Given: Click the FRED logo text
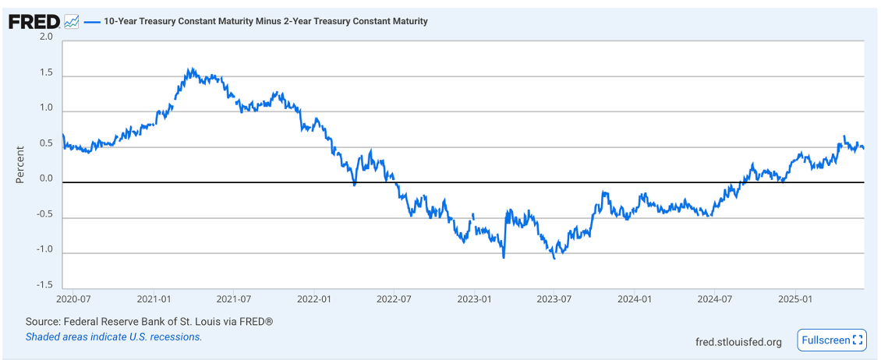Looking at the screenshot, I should tap(34, 22).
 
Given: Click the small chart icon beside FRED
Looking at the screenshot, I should tap(71, 22).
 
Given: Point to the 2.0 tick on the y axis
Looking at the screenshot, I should tap(46, 37).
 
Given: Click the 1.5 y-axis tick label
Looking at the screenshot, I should tap(46, 73).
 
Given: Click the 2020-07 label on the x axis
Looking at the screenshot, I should tap(75, 298).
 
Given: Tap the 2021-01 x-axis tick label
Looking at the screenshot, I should tap(154, 298).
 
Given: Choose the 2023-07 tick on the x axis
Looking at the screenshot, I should tap(554, 298).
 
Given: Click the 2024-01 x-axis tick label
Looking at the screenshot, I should tap(635, 298).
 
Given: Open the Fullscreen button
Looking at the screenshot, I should tap(832, 340).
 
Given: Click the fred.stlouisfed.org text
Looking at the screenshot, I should tap(738, 341).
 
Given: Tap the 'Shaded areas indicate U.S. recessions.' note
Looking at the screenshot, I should tap(114, 337).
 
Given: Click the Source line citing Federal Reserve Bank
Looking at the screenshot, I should tap(149, 322).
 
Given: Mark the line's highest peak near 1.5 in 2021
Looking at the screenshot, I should tap(190, 69).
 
